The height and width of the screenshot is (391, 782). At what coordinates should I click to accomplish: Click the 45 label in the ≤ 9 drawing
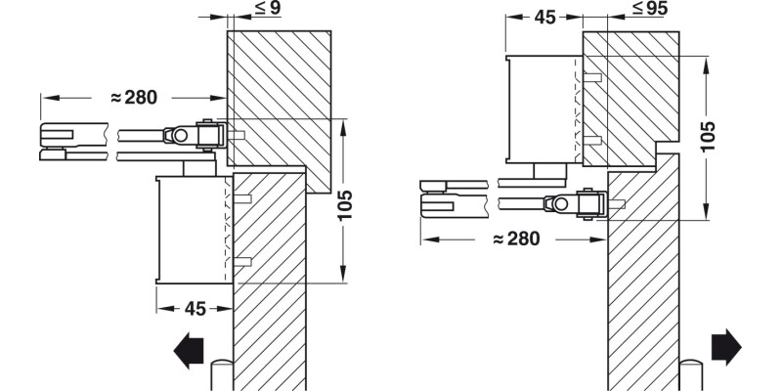click(195, 309)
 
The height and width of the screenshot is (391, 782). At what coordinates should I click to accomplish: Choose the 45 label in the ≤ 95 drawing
click(545, 17)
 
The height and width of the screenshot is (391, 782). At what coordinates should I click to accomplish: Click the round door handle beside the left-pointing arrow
click(221, 375)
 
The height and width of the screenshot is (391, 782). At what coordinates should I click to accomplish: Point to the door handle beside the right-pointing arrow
click(693, 375)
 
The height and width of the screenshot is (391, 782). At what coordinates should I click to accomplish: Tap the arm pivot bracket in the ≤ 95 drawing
click(587, 204)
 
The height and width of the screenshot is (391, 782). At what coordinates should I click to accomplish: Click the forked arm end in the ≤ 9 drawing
click(60, 140)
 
